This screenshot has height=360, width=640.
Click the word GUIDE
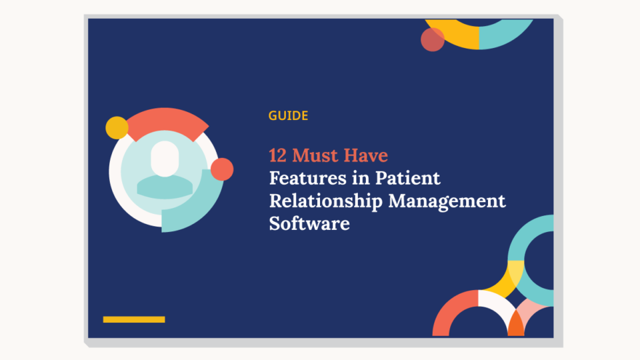click(x=288, y=116)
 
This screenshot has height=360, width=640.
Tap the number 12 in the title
click(x=278, y=156)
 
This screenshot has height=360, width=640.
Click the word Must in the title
click(x=316, y=156)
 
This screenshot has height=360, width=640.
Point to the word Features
click(x=304, y=179)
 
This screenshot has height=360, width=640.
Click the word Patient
click(x=407, y=179)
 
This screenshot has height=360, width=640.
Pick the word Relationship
click(x=327, y=201)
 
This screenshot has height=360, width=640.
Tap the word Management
click(x=447, y=201)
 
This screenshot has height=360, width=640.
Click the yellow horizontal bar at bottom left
click(x=134, y=319)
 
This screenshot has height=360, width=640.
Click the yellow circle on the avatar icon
click(x=117, y=127)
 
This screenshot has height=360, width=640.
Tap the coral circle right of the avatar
click(x=221, y=169)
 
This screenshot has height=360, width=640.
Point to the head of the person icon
click(x=163, y=159)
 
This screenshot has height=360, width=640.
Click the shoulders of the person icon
click(x=163, y=186)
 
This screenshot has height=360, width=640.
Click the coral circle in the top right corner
click(x=433, y=39)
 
